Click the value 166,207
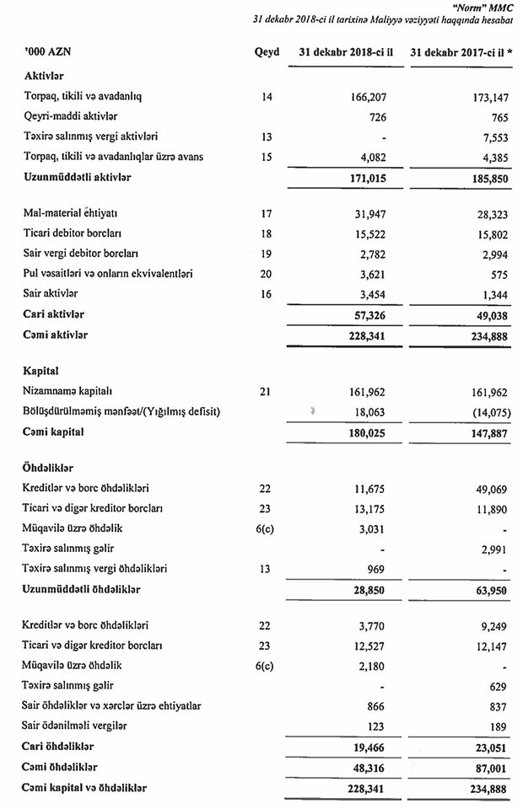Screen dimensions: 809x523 (365, 97)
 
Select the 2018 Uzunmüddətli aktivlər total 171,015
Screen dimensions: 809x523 (365, 177)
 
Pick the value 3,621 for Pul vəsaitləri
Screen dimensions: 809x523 (369, 273)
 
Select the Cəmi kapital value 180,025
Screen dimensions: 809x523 (365, 432)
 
